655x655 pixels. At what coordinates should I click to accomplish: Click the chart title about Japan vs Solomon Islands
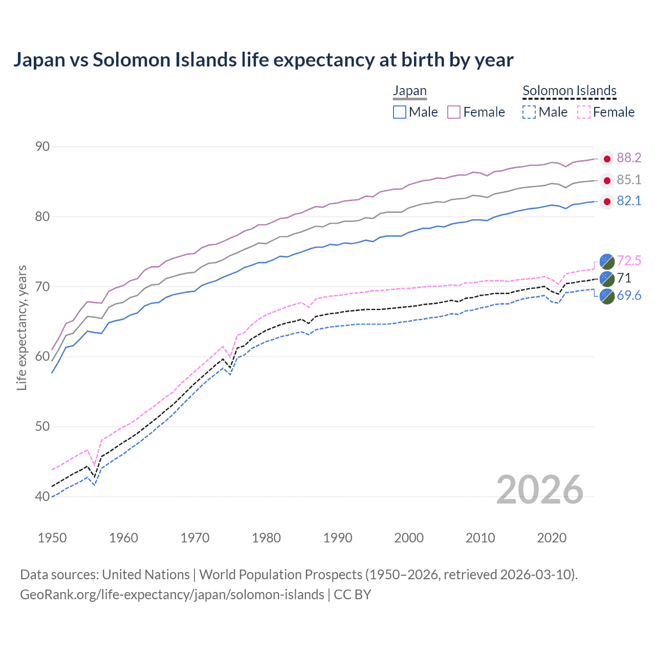point(263,60)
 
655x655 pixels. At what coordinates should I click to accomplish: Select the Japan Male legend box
point(400,112)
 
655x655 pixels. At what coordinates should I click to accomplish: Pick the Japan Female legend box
point(454,112)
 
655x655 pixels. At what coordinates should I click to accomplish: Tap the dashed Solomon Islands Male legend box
point(529,112)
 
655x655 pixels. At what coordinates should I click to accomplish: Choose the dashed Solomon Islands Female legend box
point(583,112)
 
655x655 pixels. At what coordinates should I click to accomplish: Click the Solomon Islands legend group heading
point(569,91)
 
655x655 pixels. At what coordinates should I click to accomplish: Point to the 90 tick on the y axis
point(42,147)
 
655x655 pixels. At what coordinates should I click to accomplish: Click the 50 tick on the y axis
point(42,427)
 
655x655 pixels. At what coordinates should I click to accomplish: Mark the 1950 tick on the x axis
point(52,538)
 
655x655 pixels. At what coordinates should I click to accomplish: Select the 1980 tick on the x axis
point(266,538)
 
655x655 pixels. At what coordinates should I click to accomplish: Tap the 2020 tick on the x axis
point(552,538)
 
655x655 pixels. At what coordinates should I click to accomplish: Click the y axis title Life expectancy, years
point(21,327)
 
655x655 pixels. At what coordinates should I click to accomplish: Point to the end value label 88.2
point(628,158)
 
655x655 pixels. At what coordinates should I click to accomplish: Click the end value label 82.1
point(628,201)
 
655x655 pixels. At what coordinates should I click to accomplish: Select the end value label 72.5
point(628,261)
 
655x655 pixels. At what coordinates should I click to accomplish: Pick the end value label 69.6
point(628,296)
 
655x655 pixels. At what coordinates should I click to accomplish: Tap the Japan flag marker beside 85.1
point(607,180)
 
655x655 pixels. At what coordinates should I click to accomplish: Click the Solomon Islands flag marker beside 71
point(607,278)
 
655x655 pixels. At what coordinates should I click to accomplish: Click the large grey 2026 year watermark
point(540,490)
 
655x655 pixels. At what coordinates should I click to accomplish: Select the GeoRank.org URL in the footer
point(172,595)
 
